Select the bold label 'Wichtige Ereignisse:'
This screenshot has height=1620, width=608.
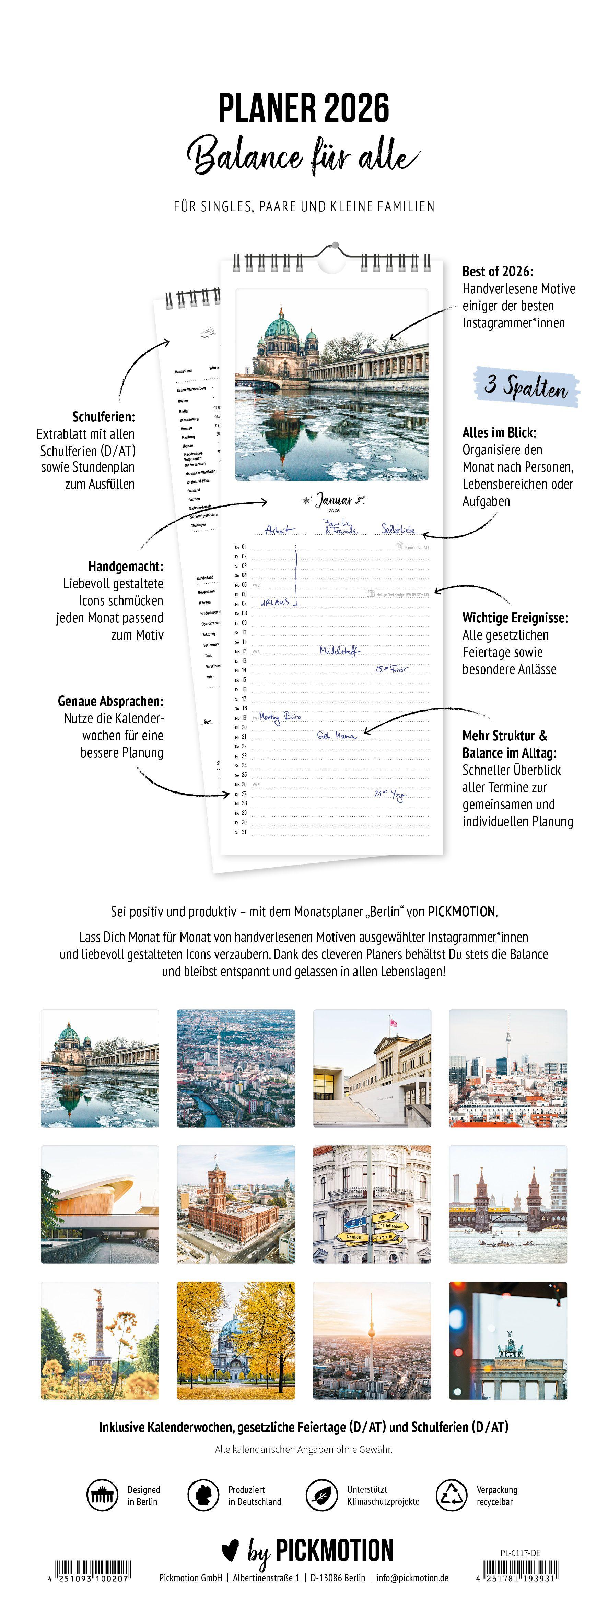(x=515, y=618)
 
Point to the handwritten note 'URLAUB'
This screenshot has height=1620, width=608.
(x=275, y=602)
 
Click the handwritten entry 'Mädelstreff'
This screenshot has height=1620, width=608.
(x=340, y=651)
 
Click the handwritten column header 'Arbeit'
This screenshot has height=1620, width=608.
(x=279, y=529)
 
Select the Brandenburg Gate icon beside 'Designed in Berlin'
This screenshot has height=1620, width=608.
(x=102, y=1495)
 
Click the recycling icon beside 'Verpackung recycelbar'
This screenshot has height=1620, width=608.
(x=451, y=1495)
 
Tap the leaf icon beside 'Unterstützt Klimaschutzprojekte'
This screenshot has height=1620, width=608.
(x=321, y=1495)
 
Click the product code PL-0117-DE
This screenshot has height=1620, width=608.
(x=520, y=1553)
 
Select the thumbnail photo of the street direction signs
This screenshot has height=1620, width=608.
(x=372, y=1204)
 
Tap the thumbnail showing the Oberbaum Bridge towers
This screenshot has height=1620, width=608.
(x=508, y=1204)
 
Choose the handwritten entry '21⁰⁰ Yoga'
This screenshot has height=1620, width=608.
(x=390, y=794)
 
